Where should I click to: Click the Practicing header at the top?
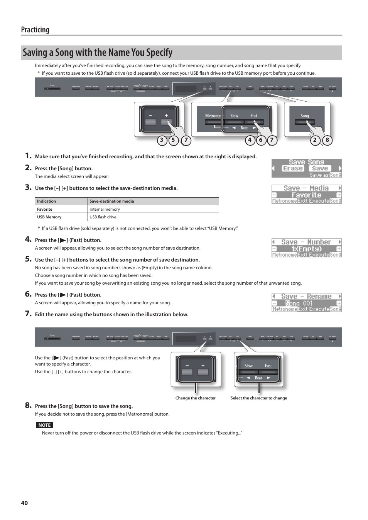pos(35,30)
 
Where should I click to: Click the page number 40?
pos(24,503)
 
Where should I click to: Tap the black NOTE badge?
pos(44,425)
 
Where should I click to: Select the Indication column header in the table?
pos(47,201)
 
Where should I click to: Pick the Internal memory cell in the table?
pos(105,209)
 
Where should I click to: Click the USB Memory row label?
pos(49,217)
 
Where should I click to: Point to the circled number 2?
pos(315,140)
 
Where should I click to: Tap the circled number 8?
pos(327,140)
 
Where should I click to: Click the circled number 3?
pos(162,140)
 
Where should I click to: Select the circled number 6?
pos(261,140)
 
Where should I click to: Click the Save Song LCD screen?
pos(306,168)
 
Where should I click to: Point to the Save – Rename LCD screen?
pos(306,302)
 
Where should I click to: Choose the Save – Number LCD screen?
pos(306,248)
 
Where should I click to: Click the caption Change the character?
pos(195,398)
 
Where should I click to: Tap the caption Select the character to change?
pos(258,398)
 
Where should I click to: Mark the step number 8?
pos(28,405)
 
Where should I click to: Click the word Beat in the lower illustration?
pos(258,378)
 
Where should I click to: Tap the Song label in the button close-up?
pos(305,116)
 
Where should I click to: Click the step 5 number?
pos(28,259)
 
